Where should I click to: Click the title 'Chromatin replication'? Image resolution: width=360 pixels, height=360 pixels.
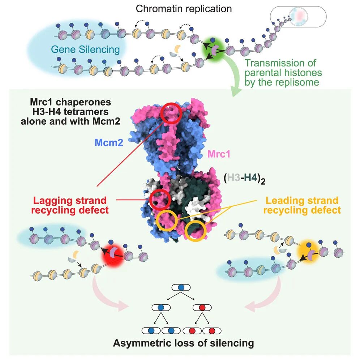184,9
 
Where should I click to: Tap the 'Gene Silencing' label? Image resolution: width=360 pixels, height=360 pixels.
85,50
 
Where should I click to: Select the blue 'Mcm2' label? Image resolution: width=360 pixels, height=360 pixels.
109,143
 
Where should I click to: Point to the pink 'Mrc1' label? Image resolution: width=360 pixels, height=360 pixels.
219,154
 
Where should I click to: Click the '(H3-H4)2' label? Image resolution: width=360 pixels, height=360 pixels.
245,179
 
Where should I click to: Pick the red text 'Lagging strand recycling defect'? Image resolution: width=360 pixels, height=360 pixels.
70,205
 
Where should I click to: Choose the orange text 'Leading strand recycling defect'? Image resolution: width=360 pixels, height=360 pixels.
302,205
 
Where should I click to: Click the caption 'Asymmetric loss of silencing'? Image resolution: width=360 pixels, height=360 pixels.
184,343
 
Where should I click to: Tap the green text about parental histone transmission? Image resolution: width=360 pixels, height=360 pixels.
283,73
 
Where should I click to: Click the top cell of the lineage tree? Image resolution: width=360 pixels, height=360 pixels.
181,287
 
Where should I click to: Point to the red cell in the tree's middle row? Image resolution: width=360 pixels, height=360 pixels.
202,308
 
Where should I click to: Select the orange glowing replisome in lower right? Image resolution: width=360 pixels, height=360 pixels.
308,252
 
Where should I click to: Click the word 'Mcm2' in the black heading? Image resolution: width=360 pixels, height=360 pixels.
106,121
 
